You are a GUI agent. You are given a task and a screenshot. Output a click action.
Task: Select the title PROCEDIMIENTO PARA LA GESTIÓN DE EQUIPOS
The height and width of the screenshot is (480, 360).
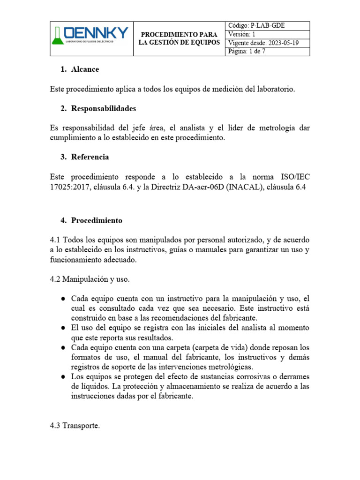[x=179, y=39]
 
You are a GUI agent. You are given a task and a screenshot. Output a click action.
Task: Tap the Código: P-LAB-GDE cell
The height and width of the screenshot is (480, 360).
[x=268, y=26]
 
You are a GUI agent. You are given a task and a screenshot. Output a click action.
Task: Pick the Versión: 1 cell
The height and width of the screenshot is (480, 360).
[x=268, y=35]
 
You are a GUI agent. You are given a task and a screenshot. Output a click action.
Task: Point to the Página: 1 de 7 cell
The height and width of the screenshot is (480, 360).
[x=268, y=52]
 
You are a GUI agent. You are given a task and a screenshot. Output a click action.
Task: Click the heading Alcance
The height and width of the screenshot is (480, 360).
[x=85, y=69]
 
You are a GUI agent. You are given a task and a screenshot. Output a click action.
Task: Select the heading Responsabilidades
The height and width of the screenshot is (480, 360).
[x=103, y=108]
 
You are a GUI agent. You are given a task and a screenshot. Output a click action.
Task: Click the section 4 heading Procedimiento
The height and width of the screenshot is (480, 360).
[x=97, y=220]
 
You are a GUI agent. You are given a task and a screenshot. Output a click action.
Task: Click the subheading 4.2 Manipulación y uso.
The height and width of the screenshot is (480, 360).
[x=89, y=279]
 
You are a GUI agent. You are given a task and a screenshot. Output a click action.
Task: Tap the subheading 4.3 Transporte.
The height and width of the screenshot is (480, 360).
[x=75, y=426]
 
